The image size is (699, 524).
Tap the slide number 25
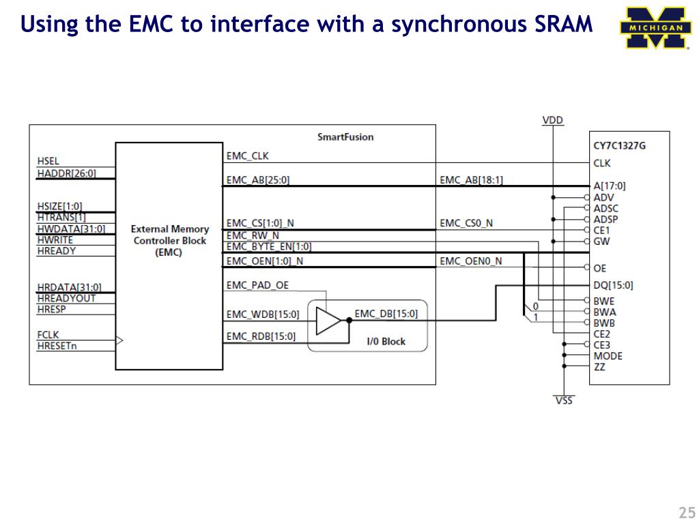[686, 513]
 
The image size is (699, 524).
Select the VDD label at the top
[553, 120]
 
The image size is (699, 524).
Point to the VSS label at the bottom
[564, 401]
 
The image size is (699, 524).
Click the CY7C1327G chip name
[619, 145]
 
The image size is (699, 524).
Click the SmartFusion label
[345, 137]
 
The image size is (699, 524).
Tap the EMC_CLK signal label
[248, 156]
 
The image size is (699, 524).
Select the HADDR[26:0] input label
[67, 173]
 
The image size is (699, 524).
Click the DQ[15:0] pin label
[613, 285]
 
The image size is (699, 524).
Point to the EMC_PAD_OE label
[257, 285]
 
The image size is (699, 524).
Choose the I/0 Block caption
[386, 341]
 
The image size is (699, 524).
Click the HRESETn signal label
[57, 345]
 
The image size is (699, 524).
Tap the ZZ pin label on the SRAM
[599, 367]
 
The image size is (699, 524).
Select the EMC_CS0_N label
[466, 223]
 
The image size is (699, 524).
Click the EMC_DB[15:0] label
[386, 314]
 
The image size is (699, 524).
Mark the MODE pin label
[608, 356]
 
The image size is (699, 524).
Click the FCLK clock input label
[48, 335]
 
